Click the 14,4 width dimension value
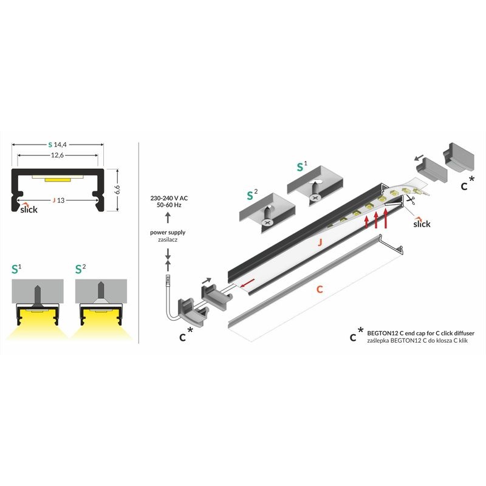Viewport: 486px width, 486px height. coord(60,145)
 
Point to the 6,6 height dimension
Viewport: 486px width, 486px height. coord(118,190)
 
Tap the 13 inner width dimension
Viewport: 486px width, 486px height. coord(61,199)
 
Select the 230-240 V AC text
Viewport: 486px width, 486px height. coord(168,198)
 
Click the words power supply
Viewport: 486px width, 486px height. coord(168,232)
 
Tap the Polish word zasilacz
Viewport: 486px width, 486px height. coord(168,241)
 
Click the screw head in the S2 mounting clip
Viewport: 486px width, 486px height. coord(266,223)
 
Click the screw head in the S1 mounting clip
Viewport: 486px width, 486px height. coord(315,196)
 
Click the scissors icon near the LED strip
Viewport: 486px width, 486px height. coord(411,198)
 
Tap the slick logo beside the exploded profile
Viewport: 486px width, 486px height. coord(422,223)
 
